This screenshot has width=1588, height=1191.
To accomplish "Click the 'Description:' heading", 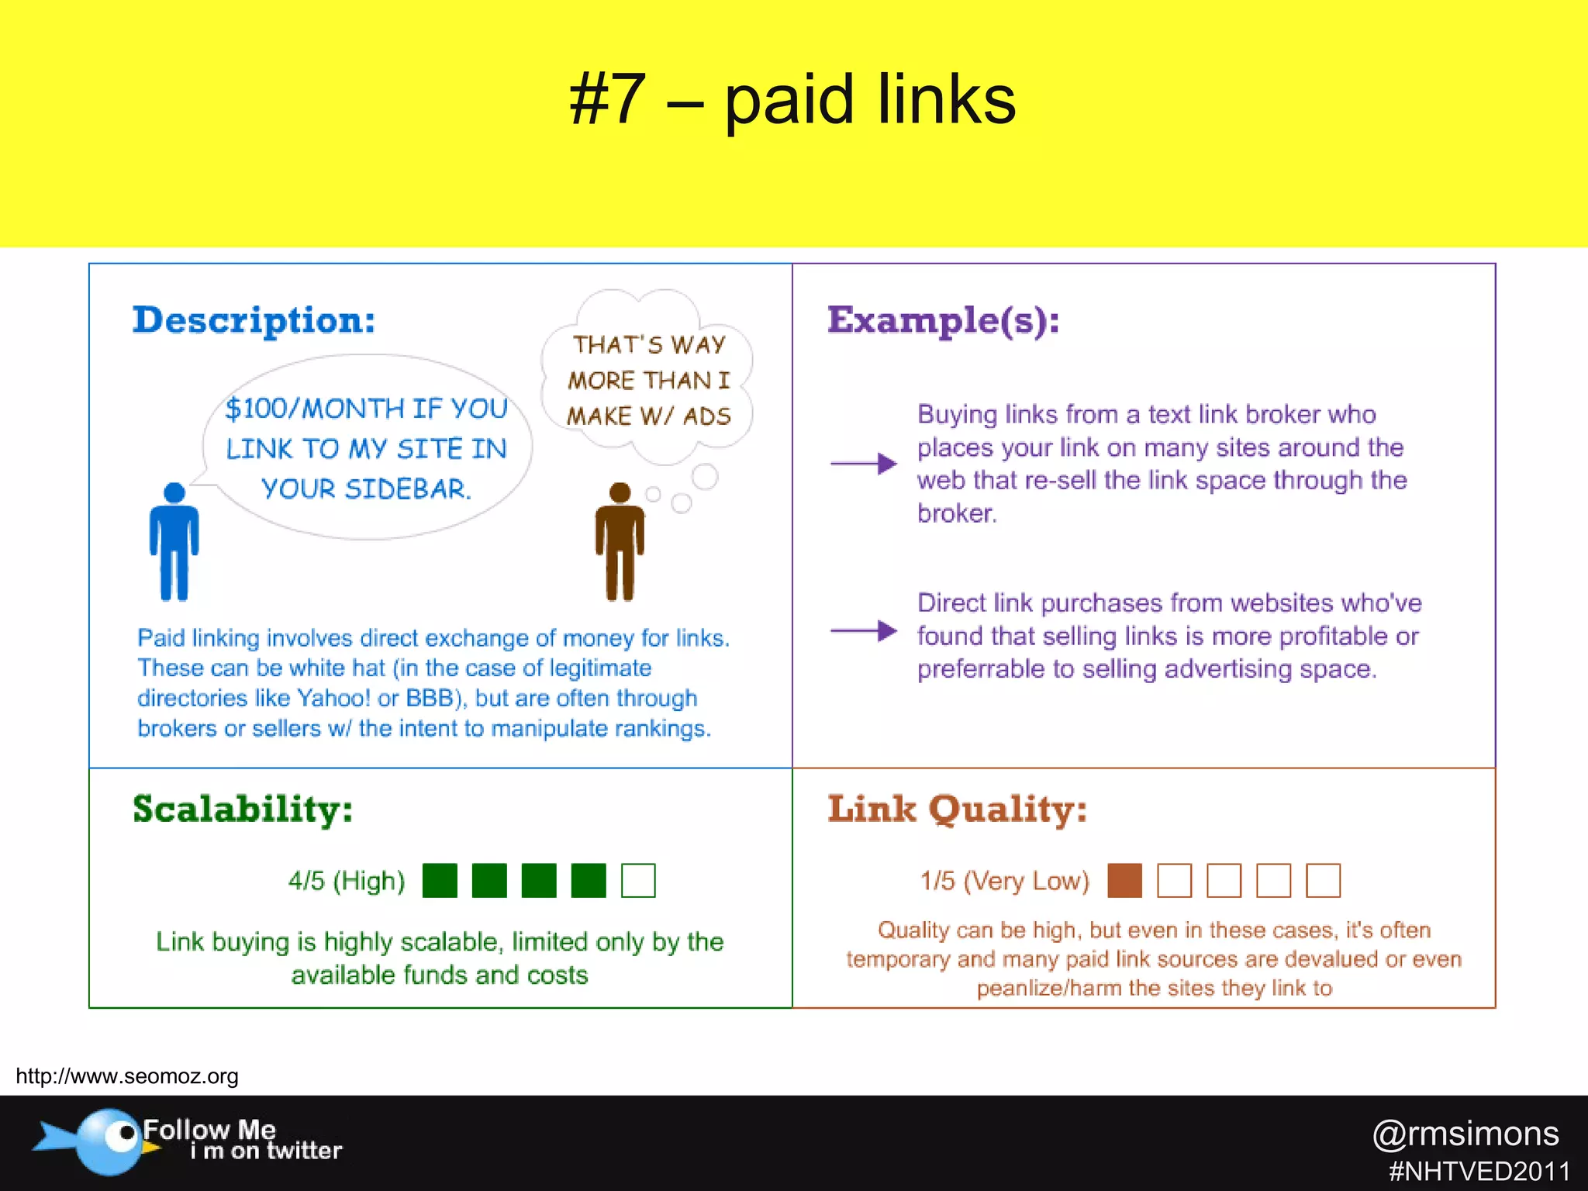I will click(254, 320).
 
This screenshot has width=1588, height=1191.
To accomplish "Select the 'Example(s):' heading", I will click(943, 320).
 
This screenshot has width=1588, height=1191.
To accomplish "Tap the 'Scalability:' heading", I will click(243, 810).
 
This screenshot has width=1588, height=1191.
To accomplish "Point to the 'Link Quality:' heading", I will click(957, 810).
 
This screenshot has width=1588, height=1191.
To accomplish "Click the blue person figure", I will click(174, 543).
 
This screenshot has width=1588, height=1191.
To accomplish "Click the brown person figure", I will click(620, 543).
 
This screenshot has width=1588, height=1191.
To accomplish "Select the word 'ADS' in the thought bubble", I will click(706, 416).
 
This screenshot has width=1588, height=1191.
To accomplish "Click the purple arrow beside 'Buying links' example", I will click(863, 464).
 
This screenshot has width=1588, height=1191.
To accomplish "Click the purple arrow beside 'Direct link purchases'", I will click(863, 631).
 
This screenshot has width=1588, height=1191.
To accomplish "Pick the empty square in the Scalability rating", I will click(638, 881).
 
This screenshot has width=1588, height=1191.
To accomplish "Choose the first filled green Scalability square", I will click(440, 881).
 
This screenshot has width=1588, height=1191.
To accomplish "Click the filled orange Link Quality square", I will click(1124, 881).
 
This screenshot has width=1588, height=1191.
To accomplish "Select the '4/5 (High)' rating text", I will click(347, 881).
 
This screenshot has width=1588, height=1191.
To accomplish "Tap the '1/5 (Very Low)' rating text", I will click(1004, 881).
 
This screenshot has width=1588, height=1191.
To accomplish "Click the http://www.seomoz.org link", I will click(127, 1076).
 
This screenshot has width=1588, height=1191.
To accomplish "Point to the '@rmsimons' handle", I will click(1465, 1134).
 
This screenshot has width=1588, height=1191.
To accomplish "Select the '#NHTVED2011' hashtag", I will click(1479, 1171).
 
